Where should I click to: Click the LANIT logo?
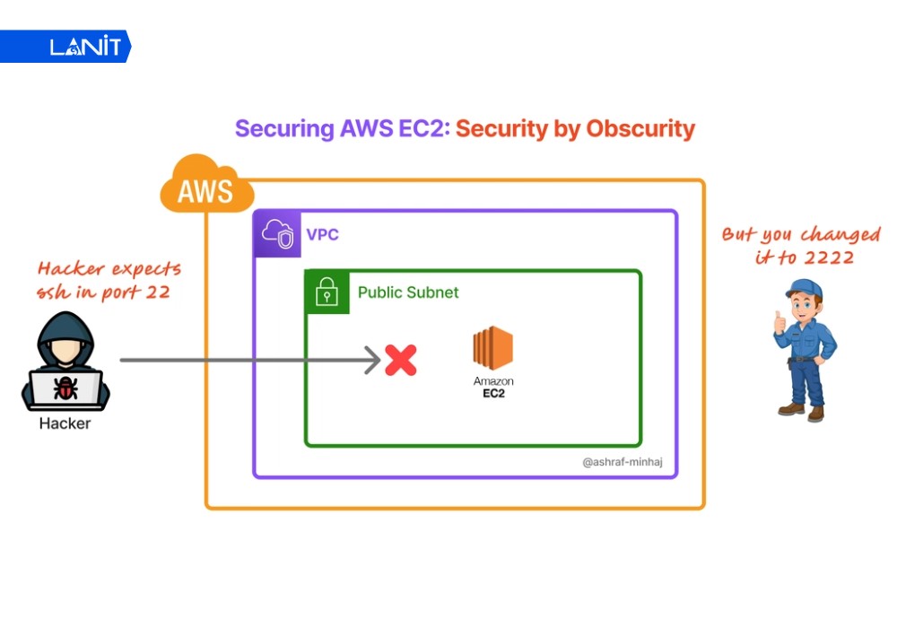point(84,47)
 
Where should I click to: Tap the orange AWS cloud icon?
point(205,188)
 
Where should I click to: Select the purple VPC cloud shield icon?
point(276,234)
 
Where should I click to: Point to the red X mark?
point(401,361)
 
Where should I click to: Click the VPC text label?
point(323,235)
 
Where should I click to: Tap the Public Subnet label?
point(408,292)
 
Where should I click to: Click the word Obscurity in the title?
point(640,128)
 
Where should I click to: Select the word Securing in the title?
point(284,128)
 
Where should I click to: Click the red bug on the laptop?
point(65,388)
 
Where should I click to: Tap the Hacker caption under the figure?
point(65,423)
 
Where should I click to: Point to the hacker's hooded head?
point(65,338)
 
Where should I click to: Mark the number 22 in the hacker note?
point(157,292)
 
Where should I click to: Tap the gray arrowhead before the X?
point(375,361)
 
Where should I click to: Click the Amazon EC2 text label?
point(493,388)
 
